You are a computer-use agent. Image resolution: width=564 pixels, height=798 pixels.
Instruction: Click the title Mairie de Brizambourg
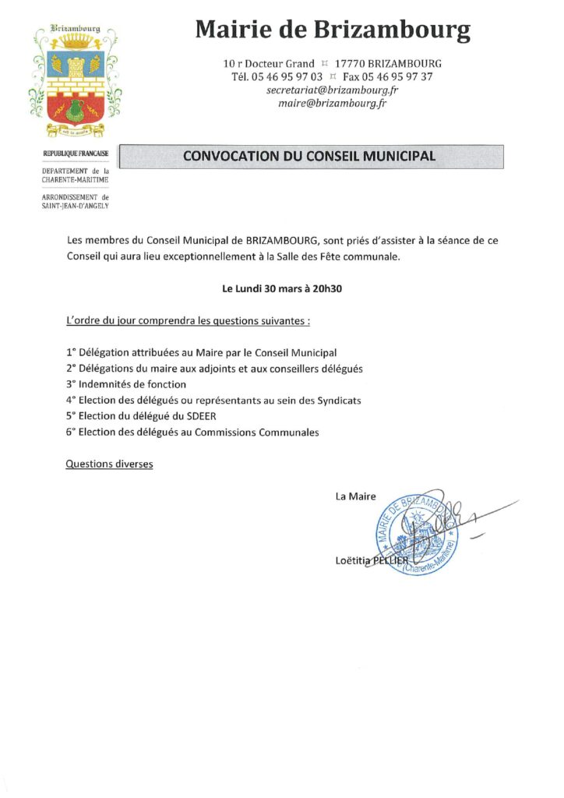[x=333, y=30]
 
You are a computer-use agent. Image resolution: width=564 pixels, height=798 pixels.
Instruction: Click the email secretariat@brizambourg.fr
[x=333, y=90]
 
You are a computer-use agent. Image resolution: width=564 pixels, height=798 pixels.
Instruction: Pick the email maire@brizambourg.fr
[x=333, y=103]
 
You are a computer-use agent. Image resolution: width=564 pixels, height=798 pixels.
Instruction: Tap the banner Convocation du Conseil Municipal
[x=309, y=156]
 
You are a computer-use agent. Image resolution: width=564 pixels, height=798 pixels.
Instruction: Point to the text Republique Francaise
[x=76, y=154]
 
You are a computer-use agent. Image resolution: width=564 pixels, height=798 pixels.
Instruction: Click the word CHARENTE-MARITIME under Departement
[x=76, y=180]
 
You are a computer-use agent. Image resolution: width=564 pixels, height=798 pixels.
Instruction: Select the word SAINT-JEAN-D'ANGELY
[x=76, y=206]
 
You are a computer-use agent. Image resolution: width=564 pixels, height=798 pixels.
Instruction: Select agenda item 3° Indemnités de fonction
[x=126, y=384]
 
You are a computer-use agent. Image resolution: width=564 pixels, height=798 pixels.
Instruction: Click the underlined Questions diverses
[x=109, y=464]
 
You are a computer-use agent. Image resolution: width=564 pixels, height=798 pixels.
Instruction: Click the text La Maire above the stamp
[x=355, y=496]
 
